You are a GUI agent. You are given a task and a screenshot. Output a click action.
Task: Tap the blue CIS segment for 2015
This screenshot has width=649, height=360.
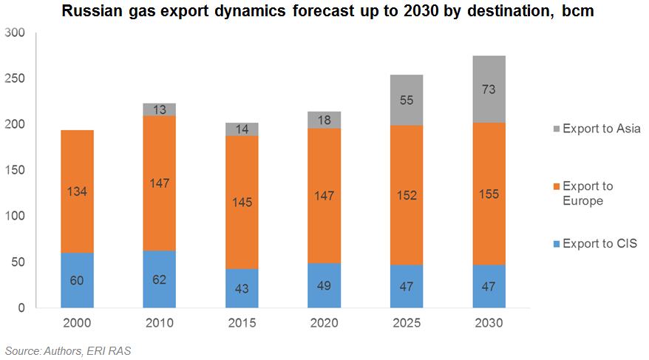[241, 287]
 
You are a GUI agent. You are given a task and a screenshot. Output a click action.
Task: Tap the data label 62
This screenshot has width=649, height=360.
[160, 280]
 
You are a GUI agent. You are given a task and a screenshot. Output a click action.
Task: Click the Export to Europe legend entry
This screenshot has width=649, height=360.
[591, 193]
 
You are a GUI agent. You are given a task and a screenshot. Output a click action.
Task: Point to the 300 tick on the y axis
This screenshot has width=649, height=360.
[14, 33]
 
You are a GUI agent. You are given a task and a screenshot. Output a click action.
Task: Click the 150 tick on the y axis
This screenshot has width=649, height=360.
[14, 170]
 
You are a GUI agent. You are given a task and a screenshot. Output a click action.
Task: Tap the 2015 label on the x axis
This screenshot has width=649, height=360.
[241, 323]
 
